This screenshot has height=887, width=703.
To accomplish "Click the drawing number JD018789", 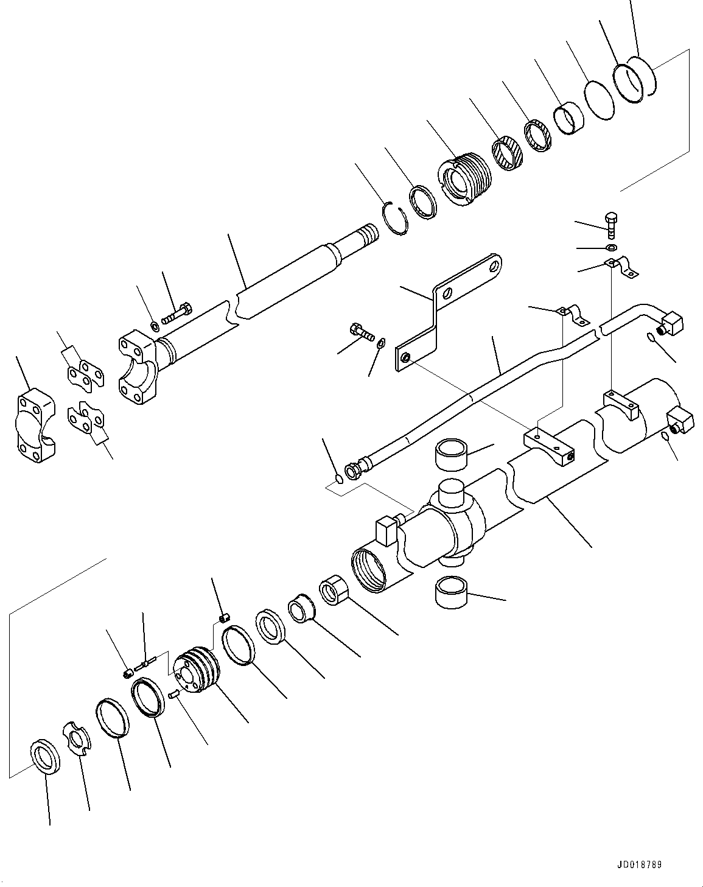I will click(x=638, y=864).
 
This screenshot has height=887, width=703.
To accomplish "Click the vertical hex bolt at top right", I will click(x=610, y=226).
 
